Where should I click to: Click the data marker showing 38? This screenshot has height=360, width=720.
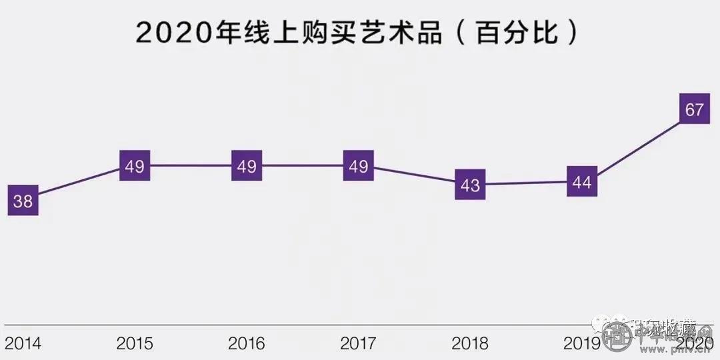(23, 201)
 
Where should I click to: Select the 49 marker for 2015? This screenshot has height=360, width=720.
(135, 166)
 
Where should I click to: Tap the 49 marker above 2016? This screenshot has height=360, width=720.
(247, 166)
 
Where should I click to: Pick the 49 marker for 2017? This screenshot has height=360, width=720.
(359, 166)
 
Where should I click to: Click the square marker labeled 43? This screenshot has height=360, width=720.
(470, 184)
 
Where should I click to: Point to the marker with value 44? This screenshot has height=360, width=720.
(582, 181)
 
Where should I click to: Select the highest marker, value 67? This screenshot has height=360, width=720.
(694, 109)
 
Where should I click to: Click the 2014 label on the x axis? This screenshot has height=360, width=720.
(23, 344)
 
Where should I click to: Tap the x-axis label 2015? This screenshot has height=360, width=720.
(135, 344)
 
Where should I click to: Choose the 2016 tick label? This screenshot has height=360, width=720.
(247, 344)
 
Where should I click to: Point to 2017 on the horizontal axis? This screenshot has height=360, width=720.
(359, 344)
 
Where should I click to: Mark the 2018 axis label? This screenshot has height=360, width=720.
(470, 344)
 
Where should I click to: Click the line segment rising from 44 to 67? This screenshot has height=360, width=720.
(638, 145)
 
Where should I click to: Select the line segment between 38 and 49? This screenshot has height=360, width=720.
(79, 183)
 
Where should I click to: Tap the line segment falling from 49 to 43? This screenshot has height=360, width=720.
(414, 175)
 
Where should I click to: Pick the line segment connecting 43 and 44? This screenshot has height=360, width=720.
(526, 183)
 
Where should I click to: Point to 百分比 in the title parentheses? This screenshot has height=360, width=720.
(516, 32)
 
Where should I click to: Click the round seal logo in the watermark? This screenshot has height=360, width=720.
(617, 337)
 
